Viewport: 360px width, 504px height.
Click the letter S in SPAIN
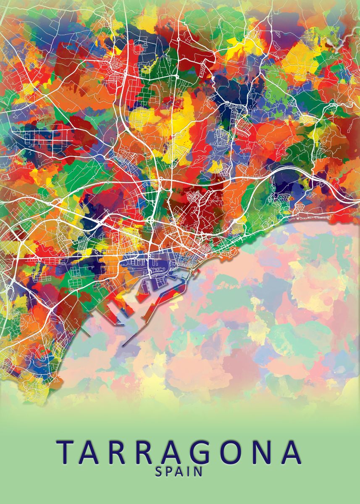[159, 472]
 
